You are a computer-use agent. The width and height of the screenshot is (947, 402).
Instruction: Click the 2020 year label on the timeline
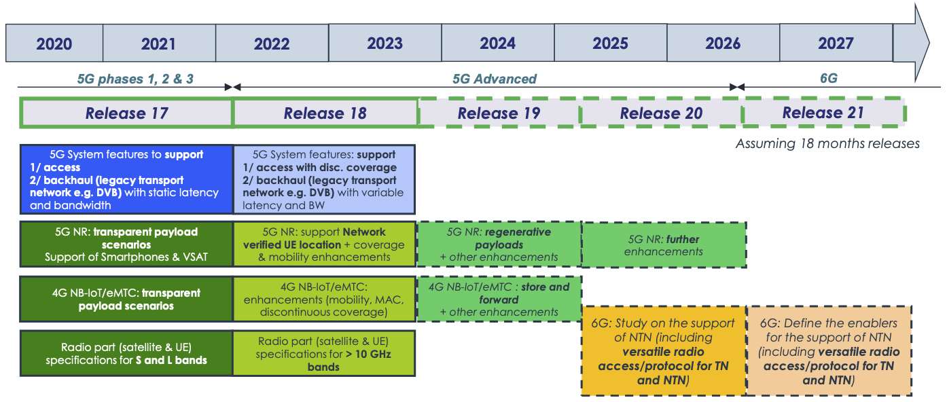coord(54,44)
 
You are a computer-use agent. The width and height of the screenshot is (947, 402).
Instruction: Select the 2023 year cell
coord(385,44)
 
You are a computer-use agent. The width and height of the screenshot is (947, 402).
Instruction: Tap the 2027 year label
coord(836,44)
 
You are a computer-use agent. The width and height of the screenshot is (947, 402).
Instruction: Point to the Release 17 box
coord(126,113)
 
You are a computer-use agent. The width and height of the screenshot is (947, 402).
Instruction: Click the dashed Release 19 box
coord(499,113)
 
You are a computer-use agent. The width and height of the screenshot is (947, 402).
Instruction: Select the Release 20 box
coord(661,113)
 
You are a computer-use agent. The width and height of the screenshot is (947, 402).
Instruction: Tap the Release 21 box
coord(823,113)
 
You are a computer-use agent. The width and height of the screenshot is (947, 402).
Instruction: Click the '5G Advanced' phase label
coord(495,79)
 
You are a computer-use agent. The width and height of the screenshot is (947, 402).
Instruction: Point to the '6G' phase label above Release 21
coord(828,79)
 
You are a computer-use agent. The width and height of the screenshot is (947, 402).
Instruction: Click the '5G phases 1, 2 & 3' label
coord(135,79)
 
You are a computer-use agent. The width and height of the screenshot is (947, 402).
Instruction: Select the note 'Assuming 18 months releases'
coord(827,143)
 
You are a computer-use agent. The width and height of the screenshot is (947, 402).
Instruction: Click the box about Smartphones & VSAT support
coord(126,244)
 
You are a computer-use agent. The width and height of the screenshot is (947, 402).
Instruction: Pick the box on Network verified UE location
coord(324,244)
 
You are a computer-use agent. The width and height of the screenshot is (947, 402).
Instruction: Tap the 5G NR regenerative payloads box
coord(499,244)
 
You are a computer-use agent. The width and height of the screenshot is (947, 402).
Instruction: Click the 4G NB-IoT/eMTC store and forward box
coord(499,299)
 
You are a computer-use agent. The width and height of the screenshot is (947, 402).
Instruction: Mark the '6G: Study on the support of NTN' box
coord(664,350)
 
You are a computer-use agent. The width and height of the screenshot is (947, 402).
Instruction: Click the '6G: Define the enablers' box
coord(828,350)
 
